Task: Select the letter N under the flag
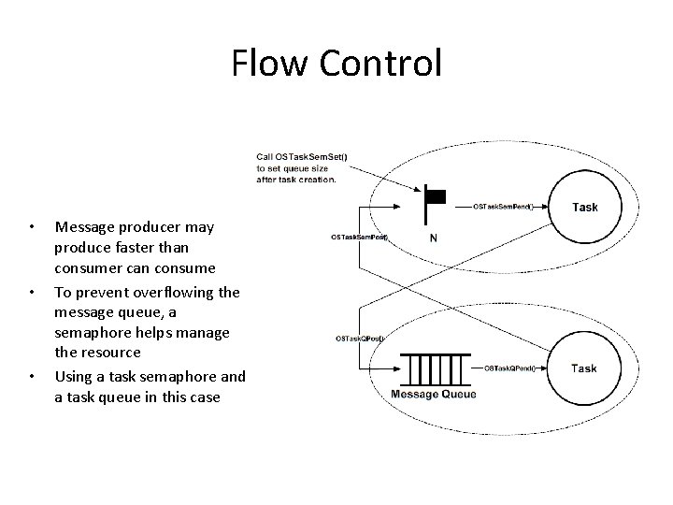434,238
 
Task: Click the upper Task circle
584,208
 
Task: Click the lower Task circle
584,368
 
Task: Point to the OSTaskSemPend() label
503,207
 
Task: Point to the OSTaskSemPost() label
359,238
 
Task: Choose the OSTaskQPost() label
360,339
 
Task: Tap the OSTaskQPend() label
509,368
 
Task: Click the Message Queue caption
433,394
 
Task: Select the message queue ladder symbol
433,368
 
